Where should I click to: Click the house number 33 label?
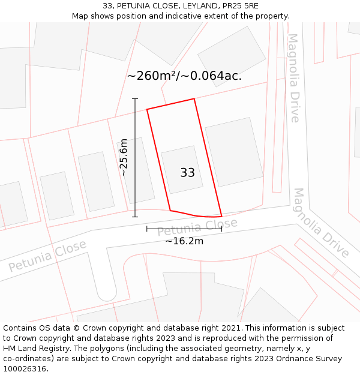[x=187, y=173]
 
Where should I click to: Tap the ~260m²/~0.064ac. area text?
[x=184, y=76]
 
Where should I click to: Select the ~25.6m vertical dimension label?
[x=124, y=157]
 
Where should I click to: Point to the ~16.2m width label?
[x=184, y=241]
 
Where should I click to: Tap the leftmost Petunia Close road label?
[x=47, y=256]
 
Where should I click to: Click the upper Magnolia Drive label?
[x=293, y=77]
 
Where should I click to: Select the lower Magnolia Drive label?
[x=321, y=223]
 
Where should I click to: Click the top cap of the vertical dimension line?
[x=135, y=98]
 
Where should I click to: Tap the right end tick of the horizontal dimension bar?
[x=221, y=229]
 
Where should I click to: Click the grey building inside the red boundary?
[x=182, y=169]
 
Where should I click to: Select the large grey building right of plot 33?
[x=234, y=151]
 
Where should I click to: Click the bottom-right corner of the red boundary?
[x=221, y=216]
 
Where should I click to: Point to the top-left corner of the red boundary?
[x=147, y=109]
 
